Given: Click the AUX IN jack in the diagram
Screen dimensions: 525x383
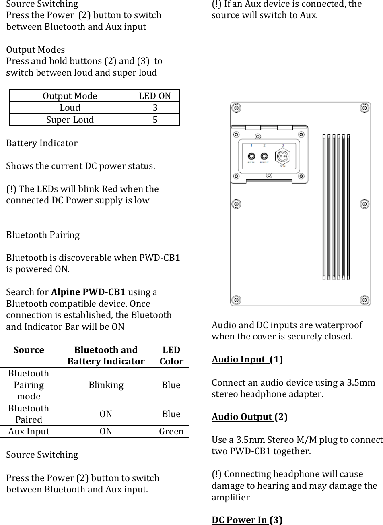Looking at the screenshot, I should pyautogui.click(x=251, y=156).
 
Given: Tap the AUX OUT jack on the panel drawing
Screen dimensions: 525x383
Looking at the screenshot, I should pyautogui.click(x=264, y=156).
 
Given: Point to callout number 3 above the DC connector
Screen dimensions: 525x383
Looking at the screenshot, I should pyautogui.click(x=282, y=145).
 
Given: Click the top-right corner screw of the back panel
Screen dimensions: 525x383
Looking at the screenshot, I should pyautogui.click(x=364, y=108).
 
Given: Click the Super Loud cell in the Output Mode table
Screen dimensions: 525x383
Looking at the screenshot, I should pyautogui.click(x=70, y=120).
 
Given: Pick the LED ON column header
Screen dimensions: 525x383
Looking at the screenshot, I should pyautogui.click(x=155, y=96).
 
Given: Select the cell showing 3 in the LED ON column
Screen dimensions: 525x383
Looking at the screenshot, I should pyautogui.click(x=155, y=108).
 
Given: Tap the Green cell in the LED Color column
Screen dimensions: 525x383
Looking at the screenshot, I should pyautogui.click(x=171, y=432).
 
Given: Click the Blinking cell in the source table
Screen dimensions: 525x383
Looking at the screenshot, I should pyautogui.click(x=106, y=385).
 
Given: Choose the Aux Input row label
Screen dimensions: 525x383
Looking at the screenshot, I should pyautogui.click(x=29, y=432).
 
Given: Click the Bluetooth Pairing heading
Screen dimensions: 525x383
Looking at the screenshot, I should pyautogui.click(x=43, y=235).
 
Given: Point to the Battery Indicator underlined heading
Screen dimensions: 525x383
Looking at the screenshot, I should pyautogui.click(x=42, y=143).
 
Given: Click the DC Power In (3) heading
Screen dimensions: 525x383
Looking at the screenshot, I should pyautogui.click(x=247, y=520).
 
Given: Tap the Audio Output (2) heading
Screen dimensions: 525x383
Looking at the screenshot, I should pyautogui.click(x=249, y=417).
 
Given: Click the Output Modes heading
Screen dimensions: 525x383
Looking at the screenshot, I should pyautogui.click(x=35, y=50).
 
